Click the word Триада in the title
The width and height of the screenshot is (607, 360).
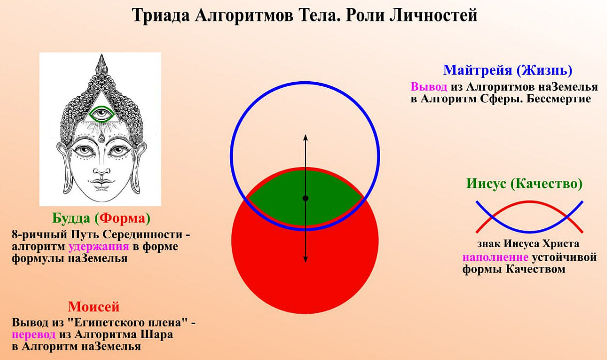click(161, 15)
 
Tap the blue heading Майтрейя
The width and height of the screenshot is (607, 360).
click(478, 70)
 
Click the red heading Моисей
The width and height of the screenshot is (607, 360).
click(93, 307)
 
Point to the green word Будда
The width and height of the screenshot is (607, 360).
click(71, 218)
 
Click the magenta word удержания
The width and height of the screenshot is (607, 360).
click(99, 247)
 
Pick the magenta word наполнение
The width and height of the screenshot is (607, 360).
click(495, 257)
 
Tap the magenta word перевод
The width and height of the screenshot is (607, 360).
click(33, 335)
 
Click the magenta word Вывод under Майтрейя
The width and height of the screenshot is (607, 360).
click(429, 87)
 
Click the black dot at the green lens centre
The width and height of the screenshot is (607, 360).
click(305, 198)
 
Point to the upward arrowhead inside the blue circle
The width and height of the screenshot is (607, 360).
click(305, 137)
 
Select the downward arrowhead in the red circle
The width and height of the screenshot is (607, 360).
click(305, 259)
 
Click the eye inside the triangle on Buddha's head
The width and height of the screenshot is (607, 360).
click(102, 114)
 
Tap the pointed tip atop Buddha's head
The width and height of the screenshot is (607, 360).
click(102, 55)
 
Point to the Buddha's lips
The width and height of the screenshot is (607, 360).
click(102, 182)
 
